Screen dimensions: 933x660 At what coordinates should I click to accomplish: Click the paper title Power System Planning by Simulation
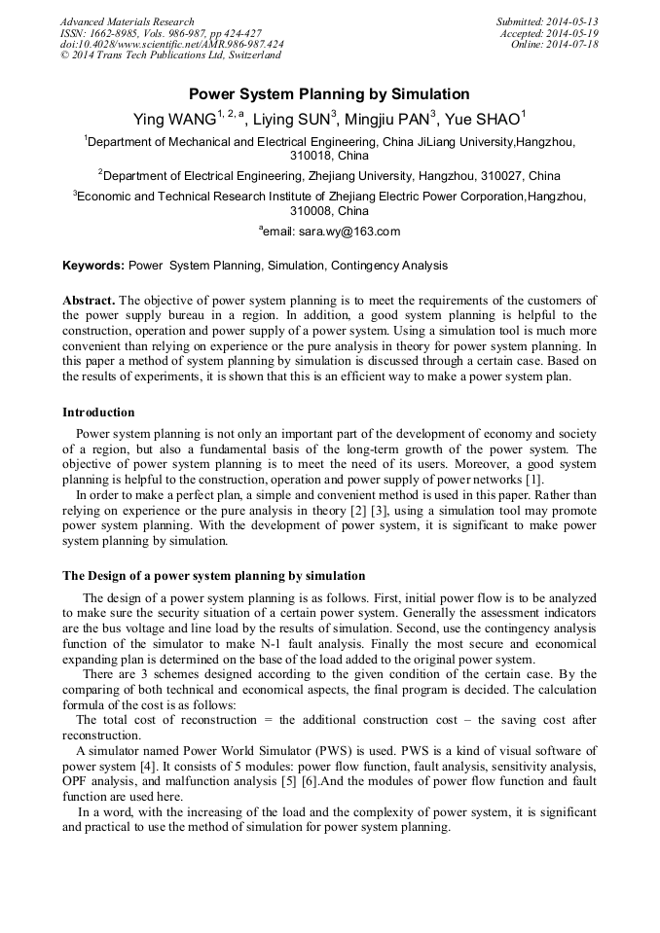329,94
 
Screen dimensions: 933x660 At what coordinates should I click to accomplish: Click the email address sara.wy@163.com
336,232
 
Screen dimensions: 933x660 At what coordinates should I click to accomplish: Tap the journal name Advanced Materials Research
127,21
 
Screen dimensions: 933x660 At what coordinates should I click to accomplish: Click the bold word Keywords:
93,266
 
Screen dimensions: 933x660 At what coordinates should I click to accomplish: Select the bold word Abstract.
89,301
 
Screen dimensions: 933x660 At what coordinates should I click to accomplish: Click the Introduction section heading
98,413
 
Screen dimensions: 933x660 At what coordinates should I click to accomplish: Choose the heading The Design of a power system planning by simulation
213,576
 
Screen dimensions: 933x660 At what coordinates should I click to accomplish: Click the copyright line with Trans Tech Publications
170,55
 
